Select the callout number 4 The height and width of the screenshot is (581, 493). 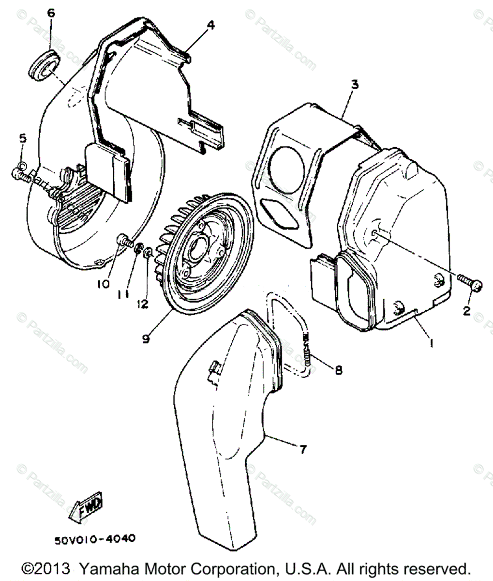pos(210,25)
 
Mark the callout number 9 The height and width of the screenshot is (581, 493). pos(146,339)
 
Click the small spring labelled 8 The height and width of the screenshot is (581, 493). pos(308,352)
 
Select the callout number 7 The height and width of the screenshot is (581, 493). pos(302,450)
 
